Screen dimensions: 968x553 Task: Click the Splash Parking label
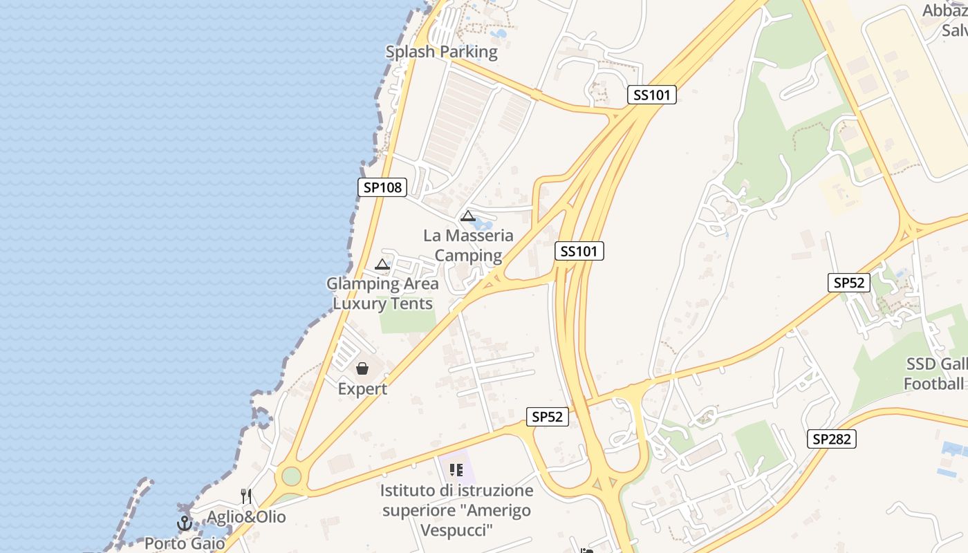pos(441,52)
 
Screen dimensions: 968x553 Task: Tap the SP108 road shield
pos(382,187)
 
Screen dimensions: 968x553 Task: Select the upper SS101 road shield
pos(652,95)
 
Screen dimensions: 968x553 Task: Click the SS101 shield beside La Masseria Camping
pos(579,251)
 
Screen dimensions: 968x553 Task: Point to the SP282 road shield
pos(831,438)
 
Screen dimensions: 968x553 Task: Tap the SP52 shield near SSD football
pos(849,282)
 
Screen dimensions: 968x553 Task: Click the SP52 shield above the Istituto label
pos(547,417)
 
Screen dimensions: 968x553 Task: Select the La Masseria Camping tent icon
pos(468,216)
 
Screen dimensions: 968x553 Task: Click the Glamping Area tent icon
pos(382,264)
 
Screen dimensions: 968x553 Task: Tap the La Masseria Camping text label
pos(468,245)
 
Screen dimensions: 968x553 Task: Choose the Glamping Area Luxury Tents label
pos(382,294)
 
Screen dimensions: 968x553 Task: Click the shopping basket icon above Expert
pos(362,368)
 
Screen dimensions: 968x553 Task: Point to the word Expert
pos(362,389)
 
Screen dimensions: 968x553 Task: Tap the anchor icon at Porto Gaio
pos(184,523)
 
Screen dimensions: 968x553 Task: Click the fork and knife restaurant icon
pos(245,496)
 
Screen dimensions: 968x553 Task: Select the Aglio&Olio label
pos(246,517)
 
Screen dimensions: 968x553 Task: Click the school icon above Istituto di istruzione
pos(456,470)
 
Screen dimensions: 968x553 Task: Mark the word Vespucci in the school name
pos(457,530)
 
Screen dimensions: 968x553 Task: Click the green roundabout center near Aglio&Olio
pos(291,476)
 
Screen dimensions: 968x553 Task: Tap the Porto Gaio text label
pos(185,543)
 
